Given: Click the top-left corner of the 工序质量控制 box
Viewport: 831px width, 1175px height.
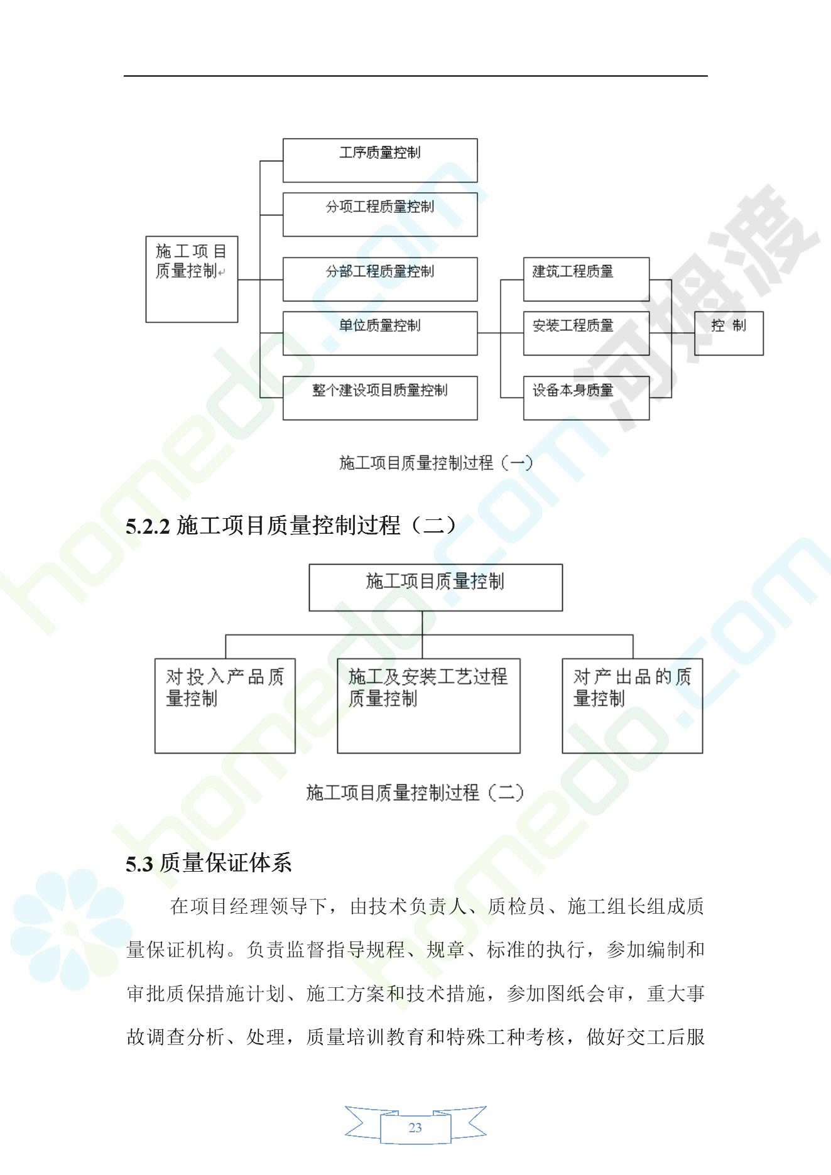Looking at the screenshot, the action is point(283,139).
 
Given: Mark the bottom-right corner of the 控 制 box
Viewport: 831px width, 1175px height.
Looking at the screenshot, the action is point(763,355).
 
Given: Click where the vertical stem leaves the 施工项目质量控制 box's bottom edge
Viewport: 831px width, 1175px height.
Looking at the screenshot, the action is point(422,610).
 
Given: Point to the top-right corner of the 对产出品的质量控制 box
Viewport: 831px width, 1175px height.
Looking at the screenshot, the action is point(702,659).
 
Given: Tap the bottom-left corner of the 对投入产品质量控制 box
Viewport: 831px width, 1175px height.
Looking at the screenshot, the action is point(155,753).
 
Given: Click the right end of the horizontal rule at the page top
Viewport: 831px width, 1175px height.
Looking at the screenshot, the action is point(708,76).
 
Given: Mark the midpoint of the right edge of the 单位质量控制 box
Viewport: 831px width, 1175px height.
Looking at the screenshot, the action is point(477,333).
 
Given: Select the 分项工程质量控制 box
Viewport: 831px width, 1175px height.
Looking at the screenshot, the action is point(380,215).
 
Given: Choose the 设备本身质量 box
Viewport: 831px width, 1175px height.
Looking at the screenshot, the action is point(586,398).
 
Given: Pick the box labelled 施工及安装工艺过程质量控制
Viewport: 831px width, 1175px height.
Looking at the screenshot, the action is point(428,706).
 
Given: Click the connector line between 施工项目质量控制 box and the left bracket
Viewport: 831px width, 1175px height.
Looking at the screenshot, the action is point(249,279).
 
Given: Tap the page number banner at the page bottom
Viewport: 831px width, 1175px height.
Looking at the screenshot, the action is point(415,1128).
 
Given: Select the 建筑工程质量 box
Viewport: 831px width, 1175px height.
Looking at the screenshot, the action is point(586,279).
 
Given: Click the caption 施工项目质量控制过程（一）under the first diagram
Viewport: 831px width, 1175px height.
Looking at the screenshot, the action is point(436,463).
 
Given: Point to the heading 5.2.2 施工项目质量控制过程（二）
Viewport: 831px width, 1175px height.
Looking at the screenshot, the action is point(290,526).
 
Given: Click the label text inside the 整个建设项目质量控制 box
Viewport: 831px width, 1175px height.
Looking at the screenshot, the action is point(380,390).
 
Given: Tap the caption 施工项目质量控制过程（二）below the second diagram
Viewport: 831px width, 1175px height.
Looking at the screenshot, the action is point(415,793).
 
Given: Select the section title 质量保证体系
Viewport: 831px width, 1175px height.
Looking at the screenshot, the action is point(225,864).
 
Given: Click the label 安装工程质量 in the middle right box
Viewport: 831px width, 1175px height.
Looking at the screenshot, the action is point(573,325).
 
